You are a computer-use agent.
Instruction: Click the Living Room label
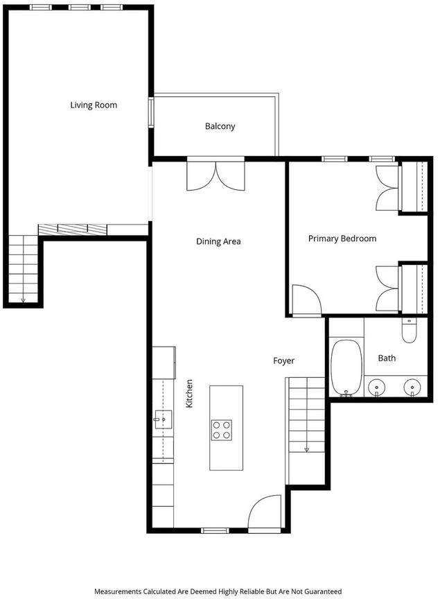pyautogui.click(x=94, y=105)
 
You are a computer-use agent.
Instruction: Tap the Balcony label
pyautogui.click(x=220, y=126)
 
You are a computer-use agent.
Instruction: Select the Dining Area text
pyautogui.click(x=218, y=241)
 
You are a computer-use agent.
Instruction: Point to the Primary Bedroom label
pyautogui.click(x=342, y=238)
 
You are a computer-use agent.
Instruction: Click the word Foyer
pyautogui.click(x=284, y=361)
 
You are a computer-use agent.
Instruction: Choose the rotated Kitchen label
pyautogui.click(x=189, y=394)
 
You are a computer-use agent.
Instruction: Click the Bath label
pyautogui.click(x=387, y=358)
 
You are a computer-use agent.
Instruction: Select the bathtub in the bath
pyautogui.click(x=346, y=368)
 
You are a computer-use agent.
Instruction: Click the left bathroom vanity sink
pyautogui.click(x=376, y=388)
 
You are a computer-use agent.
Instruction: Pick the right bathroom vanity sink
pyautogui.click(x=412, y=388)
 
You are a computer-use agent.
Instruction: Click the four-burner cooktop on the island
pyautogui.click(x=222, y=430)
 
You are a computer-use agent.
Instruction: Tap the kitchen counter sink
pyautogui.click(x=163, y=419)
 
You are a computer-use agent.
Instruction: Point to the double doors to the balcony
pyautogui.click(x=215, y=176)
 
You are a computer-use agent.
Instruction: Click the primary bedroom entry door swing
pyautogui.click(x=307, y=300)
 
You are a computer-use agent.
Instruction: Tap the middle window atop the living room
pyautogui.click(x=80, y=7)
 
